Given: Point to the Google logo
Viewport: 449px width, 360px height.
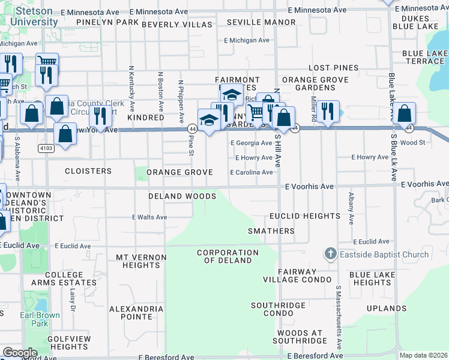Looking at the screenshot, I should pos(19,353).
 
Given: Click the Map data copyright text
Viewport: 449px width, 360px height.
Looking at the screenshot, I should pos(423,355).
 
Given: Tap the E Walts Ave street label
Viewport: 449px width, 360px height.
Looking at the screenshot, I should pos(149,217).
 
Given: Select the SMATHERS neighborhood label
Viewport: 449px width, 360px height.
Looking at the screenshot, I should pos(271,231).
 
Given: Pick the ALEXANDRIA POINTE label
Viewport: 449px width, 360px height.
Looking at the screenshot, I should pos(136,313).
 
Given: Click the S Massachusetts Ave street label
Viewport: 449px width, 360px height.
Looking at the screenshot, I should pos(339,318).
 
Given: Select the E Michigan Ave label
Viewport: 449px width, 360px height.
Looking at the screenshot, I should pos(247,40).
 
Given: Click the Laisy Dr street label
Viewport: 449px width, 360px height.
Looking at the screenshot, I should pos(72,298).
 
